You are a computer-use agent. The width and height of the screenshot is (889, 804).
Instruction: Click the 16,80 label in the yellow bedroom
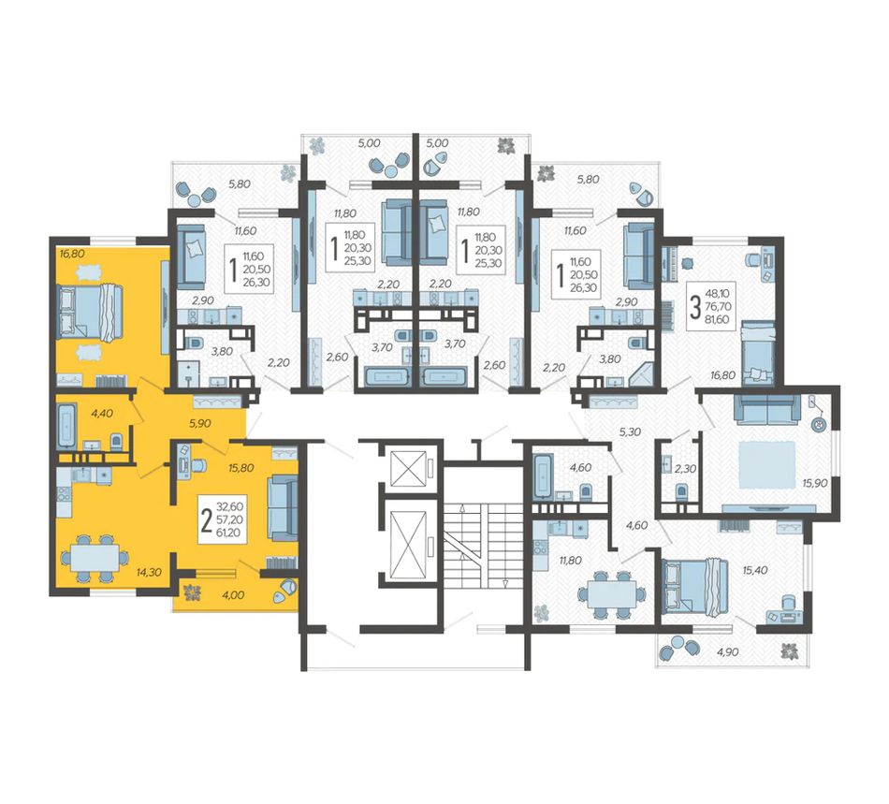[x=72, y=254]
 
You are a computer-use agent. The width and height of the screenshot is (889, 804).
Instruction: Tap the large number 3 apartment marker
[x=694, y=307]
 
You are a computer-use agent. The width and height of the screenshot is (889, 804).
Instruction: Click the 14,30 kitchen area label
[x=149, y=573]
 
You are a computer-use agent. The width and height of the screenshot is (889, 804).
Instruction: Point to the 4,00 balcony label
[x=233, y=594]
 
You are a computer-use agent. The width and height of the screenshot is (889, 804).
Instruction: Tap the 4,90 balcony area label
[x=727, y=652]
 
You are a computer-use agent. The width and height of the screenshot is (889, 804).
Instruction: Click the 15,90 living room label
[x=815, y=483]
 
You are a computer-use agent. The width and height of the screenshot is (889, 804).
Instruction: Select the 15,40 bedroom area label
[x=755, y=570]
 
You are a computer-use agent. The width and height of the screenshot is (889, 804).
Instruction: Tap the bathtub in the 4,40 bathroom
[x=66, y=424]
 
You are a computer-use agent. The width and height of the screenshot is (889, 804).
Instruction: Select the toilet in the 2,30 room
[x=681, y=490]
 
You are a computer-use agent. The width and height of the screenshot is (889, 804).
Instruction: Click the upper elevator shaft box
[x=408, y=468]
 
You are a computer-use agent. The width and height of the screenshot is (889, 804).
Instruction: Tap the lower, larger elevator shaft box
[x=408, y=543]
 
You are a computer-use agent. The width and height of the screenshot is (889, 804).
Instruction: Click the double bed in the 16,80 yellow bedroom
[x=91, y=313]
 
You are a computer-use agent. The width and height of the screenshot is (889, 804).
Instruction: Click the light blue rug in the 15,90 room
[x=766, y=465]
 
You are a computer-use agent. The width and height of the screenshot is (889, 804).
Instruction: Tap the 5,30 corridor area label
[x=630, y=432]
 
